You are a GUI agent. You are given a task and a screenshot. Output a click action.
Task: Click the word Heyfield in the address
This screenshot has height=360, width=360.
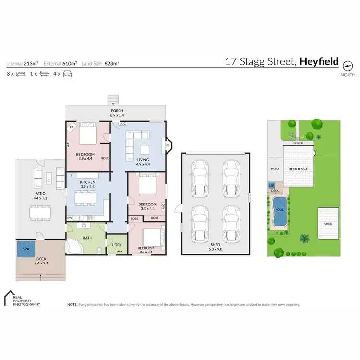[x=319, y=61]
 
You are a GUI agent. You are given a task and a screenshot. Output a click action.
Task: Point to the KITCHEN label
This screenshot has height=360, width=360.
[x=87, y=183]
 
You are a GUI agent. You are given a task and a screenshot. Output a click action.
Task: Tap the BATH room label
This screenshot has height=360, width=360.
[x=87, y=237]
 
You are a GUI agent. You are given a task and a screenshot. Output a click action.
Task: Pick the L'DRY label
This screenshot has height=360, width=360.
[x=117, y=246]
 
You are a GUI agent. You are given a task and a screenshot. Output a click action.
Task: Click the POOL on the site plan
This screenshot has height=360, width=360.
[x=278, y=210]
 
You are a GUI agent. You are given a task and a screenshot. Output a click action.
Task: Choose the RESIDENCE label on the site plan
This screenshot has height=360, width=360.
[x=298, y=169]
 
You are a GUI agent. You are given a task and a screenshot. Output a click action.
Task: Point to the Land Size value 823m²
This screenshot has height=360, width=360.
[x=111, y=63]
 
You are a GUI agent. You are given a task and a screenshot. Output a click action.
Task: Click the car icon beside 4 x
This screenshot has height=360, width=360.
[x=67, y=74]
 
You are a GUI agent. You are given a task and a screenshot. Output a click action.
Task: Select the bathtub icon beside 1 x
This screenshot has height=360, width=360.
[x=44, y=74]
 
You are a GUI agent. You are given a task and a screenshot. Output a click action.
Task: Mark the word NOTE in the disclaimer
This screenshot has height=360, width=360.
[x=72, y=305]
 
